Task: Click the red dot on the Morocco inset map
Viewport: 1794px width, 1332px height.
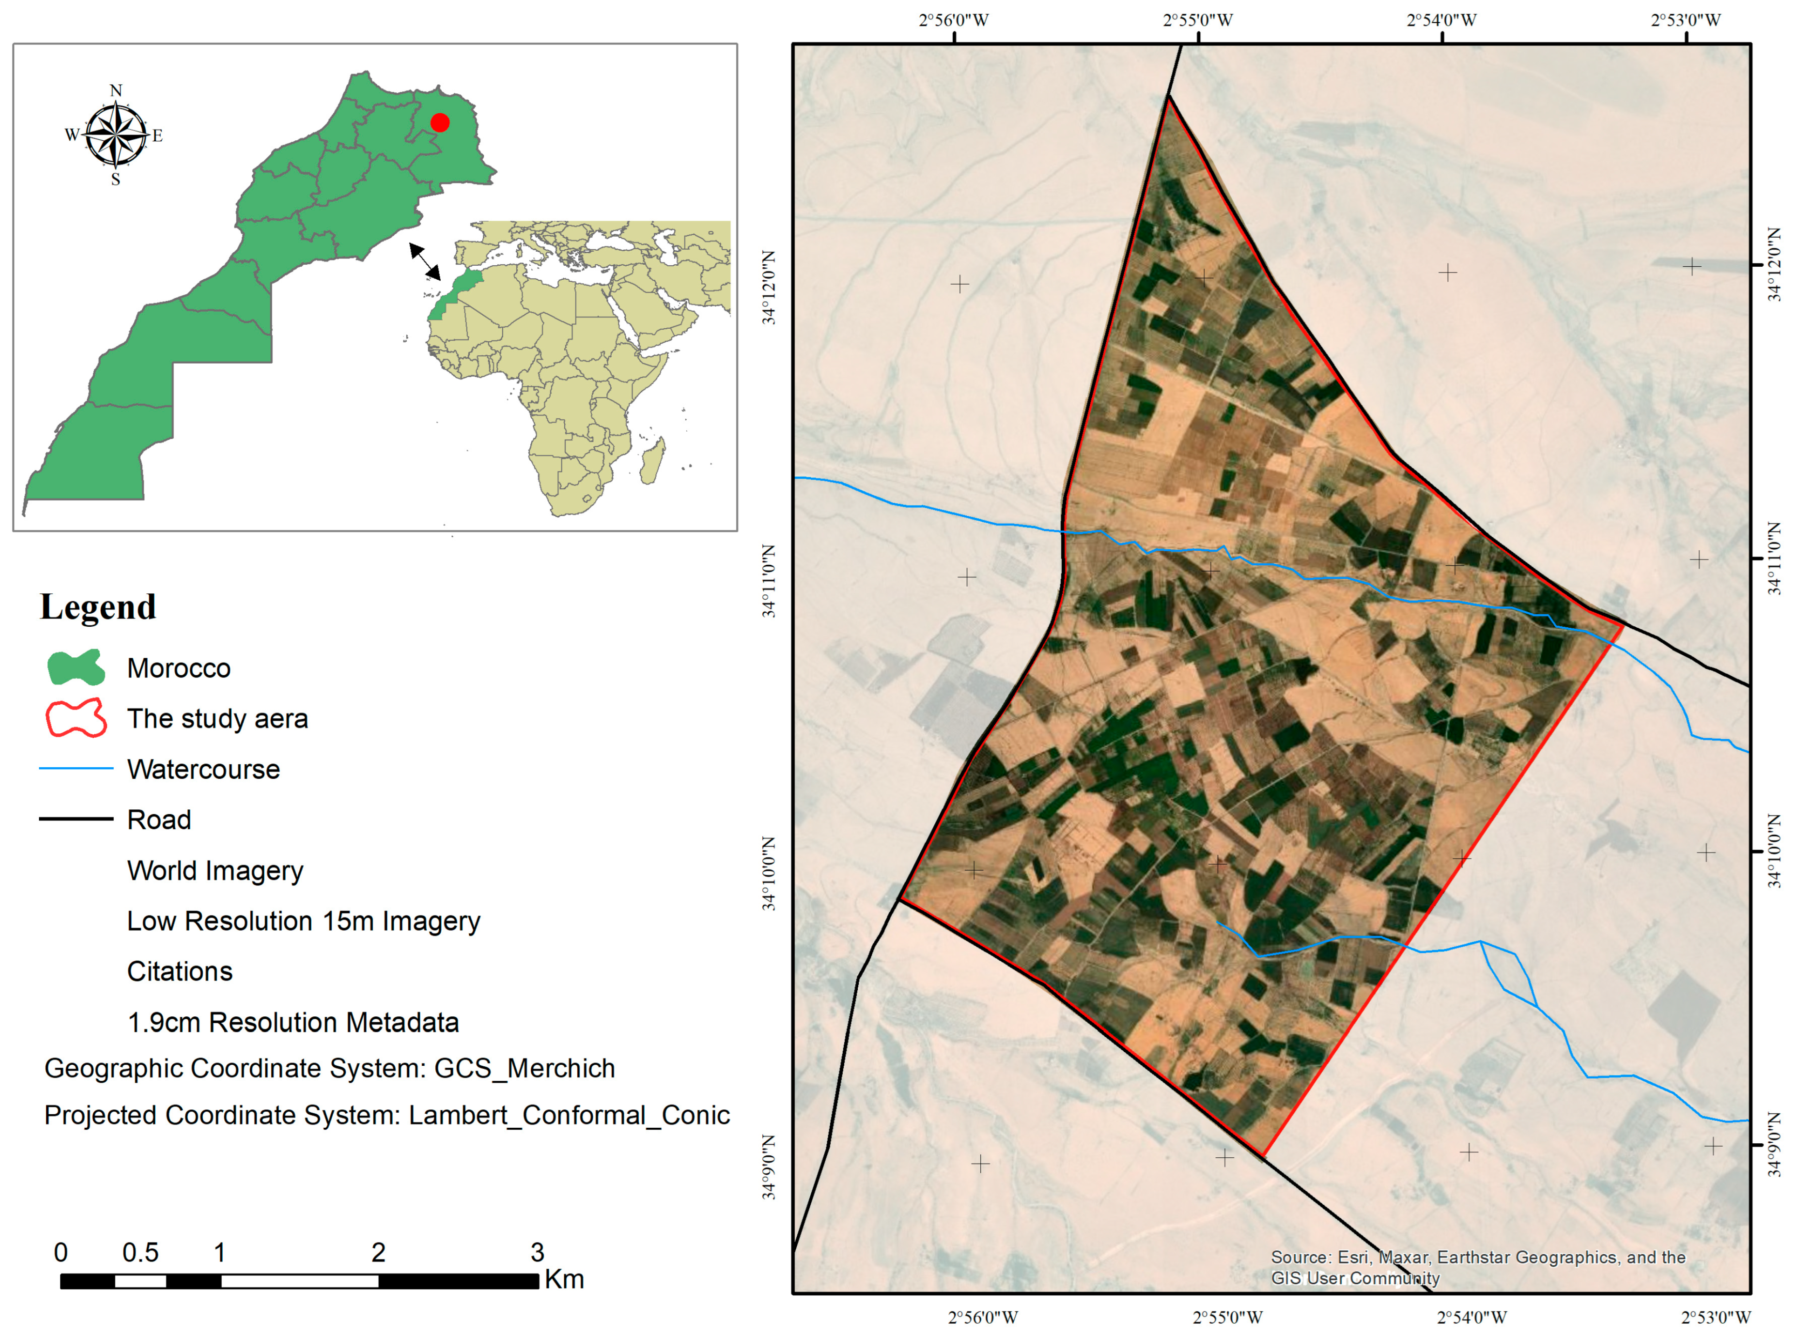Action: tap(440, 122)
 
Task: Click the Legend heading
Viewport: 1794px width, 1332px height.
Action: tap(98, 607)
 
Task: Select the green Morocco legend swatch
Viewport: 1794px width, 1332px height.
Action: tap(76, 667)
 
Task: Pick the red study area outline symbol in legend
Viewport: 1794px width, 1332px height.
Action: tap(76, 718)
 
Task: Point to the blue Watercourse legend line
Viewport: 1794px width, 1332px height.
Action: tap(76, 769)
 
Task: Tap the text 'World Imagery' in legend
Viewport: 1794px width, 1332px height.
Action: tap(216, 871)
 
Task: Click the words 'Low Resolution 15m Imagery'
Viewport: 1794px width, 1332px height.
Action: tap(303, 921)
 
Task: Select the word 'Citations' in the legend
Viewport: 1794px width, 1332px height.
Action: tap(180, 971)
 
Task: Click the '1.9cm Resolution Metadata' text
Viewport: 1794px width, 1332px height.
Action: tap(293, 1022)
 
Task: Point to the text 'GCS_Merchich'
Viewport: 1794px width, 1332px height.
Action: tap(525, 1068)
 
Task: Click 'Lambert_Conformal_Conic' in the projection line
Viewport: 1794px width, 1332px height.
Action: tap(569, 1115)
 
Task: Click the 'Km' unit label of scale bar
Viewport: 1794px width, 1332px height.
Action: tap(564, 1280)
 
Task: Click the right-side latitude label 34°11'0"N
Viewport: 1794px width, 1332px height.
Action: tap(1775, 559)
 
